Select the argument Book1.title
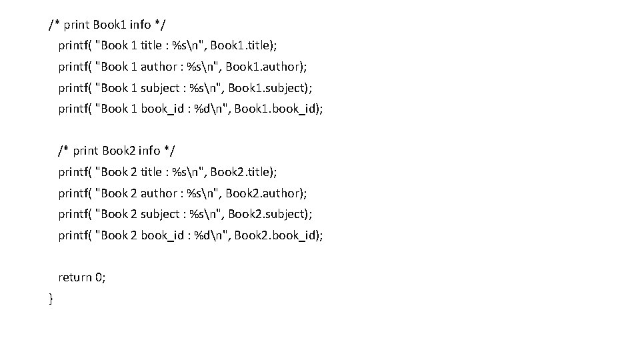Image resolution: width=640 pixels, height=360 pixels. pyautogui.click(x=242, y=46)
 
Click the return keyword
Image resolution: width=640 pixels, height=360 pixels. pyautogui.click(x=75, y=277)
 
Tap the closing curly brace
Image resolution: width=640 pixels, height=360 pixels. pyautogui.click(x=51, y=299)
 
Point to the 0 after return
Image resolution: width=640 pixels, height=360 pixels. pyautogui.click(x=100, y=277)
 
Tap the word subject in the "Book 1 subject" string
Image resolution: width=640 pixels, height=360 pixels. pyautogui.click(x=160, y=88)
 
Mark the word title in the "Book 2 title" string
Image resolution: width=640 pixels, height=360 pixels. pyautogui.click(x=151, y=172)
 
